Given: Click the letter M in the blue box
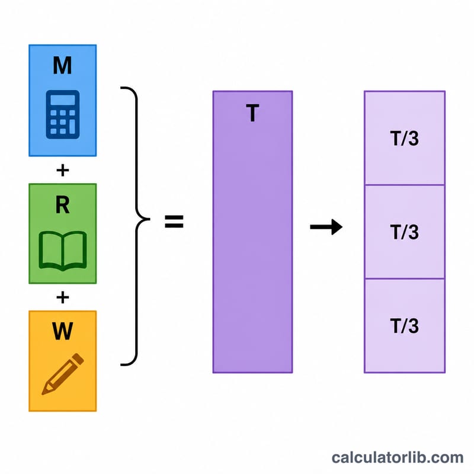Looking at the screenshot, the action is pos(62,65).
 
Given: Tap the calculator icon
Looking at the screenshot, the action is pos(63,114).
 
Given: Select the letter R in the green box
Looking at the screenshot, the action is pos(63,205).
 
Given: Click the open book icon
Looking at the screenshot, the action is pos(63,251).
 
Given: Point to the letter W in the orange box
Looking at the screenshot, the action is pos(63,331).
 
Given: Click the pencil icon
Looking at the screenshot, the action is pos(63,374).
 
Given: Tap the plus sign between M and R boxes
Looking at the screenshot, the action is pos(63,170).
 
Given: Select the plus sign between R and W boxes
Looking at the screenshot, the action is pos(63,297).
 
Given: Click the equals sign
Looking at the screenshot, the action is pos(174,221).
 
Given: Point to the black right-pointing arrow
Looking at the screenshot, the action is pos(326,227).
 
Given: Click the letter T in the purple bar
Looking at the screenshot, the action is pos(252,113).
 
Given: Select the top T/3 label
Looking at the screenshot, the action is pos(405,139).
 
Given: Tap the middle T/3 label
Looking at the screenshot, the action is pos(405,232).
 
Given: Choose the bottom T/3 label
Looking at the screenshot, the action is pos(405,326).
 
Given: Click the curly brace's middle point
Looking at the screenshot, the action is pos(149,219).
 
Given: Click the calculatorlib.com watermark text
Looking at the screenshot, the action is pos(398,457).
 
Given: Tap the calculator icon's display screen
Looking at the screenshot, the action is pos(63,100).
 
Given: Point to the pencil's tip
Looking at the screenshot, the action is pos(43,393).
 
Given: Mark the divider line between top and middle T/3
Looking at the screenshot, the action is pos(405,185).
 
